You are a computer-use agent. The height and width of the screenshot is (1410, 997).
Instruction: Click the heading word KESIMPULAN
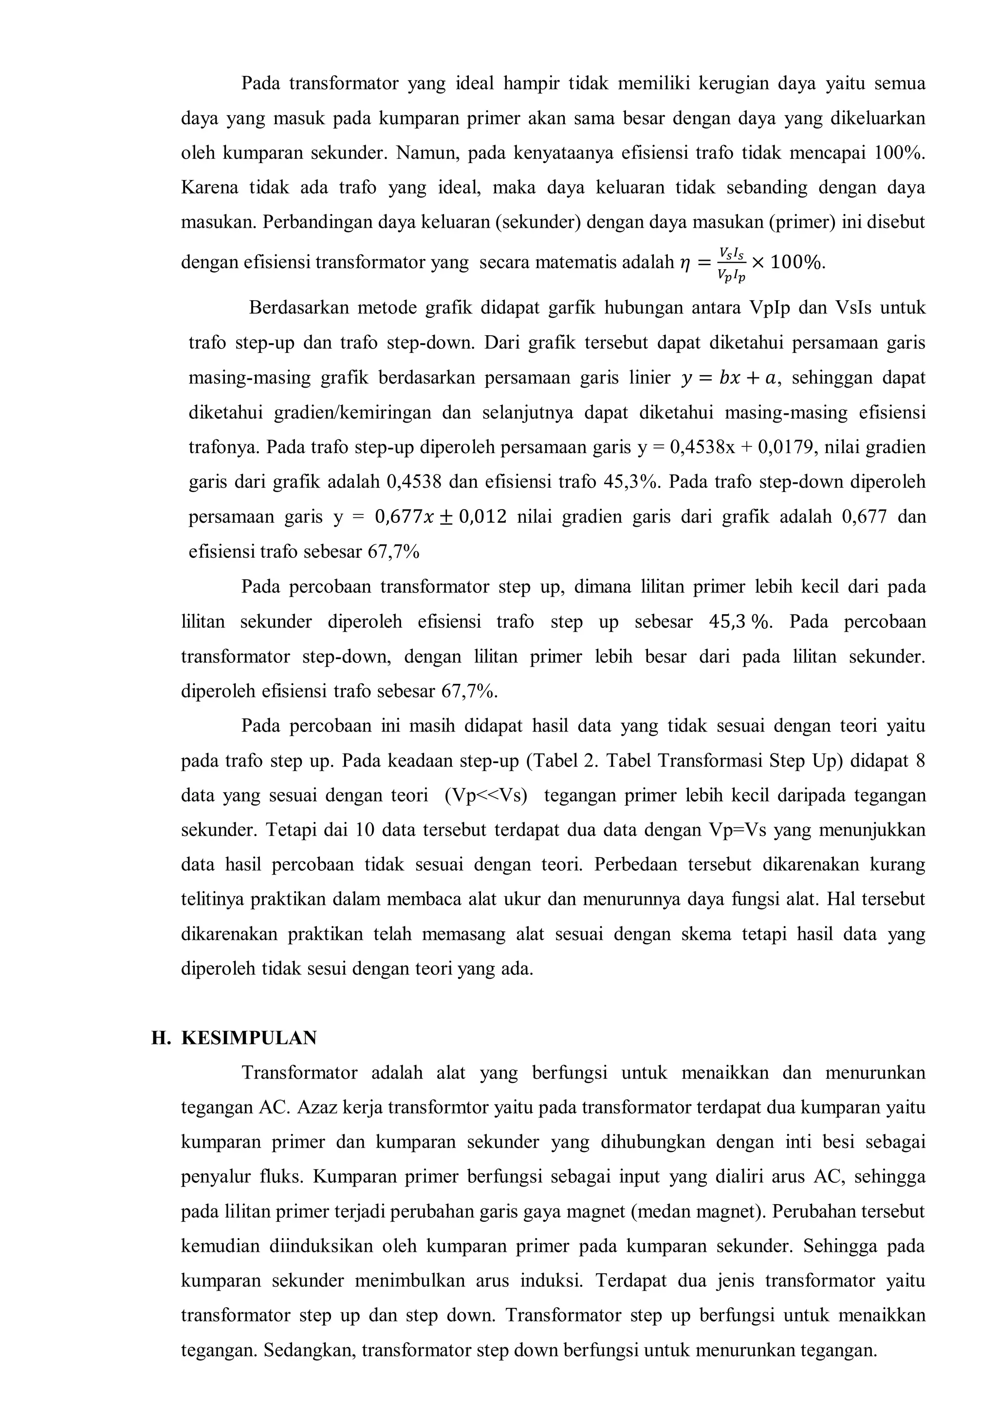[x=249, y=1038]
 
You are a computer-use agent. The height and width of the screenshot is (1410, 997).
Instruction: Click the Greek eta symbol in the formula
[x=685, y=263]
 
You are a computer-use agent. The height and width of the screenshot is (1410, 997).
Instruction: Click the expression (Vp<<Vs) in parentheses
[x=486, y=795]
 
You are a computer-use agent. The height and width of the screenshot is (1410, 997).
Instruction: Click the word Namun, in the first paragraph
[x=428, y=152]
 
